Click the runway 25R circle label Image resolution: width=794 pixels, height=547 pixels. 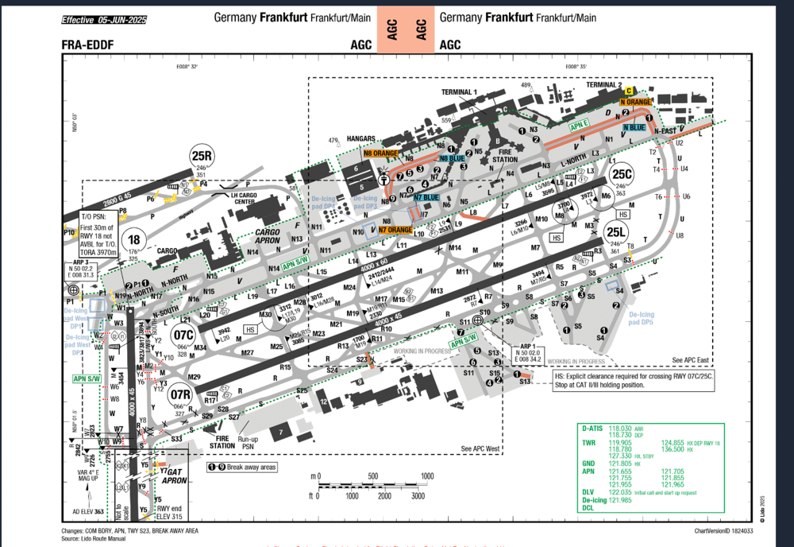(x=202, y=157)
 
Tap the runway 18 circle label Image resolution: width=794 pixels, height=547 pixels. (x=134, y=240)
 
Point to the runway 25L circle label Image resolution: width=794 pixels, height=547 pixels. (x=615, y=232)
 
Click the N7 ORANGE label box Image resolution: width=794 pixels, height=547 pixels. (x=395, y=230)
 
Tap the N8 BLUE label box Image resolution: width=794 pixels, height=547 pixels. (x=452, y=158)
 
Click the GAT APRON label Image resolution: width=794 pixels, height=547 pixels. (x=174, y=476)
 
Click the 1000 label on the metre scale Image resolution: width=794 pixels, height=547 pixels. (x=427, y=476)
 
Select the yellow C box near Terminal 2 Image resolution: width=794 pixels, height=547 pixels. (x=629, y=91)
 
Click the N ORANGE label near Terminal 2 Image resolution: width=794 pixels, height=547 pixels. (x=636, y=103)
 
